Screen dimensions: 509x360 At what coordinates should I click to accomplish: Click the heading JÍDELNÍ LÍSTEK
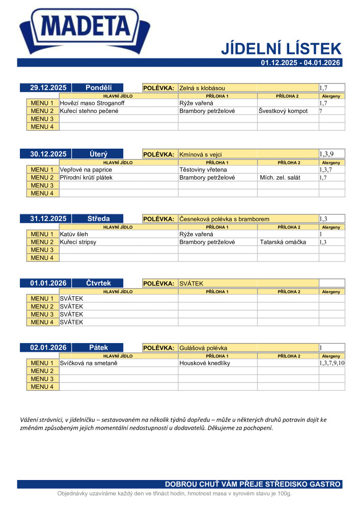[x=281, y=49]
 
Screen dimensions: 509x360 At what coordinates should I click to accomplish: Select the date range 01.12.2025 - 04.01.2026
[x=300, y=63]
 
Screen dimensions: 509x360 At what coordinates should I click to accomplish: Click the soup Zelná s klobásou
[x=202, y=88]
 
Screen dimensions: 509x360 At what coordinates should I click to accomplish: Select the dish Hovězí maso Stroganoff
[x=92, y=103]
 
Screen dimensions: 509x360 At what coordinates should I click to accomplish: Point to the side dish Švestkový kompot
[x=283, y=111]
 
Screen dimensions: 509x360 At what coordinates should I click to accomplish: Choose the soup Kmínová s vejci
[x=201, y=154]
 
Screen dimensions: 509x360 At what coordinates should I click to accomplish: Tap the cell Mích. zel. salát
[x=280, y=177]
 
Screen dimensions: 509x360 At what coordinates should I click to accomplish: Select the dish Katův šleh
[x=74, y=234]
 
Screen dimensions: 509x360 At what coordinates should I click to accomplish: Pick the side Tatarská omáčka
[x=283, y=242]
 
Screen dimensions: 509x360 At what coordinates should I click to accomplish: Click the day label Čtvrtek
[x=98, y=283]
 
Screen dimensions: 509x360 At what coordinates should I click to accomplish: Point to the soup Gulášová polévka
[x=203, y=348]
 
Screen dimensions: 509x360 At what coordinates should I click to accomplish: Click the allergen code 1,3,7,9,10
[x=332, y=363]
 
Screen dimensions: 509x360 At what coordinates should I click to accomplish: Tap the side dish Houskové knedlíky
[x=205, y=363]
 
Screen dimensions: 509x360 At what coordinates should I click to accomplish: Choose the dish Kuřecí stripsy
[x=78, y=242]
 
